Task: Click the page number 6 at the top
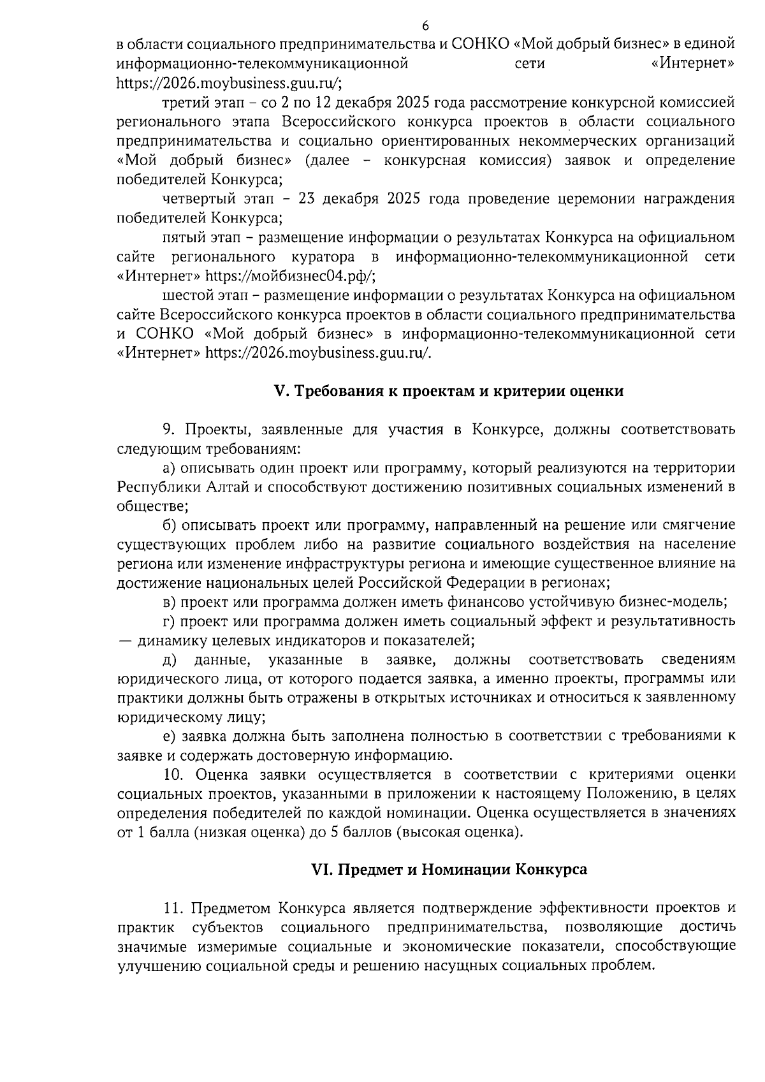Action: (425, 26)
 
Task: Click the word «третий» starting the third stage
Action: (184, 103)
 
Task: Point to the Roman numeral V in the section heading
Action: (278, 391)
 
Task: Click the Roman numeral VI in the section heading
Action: (319, 870)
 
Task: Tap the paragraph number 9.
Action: (169, 430)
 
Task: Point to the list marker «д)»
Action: (170, 659)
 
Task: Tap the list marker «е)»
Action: (169, 736)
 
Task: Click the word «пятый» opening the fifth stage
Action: (183, 238)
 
